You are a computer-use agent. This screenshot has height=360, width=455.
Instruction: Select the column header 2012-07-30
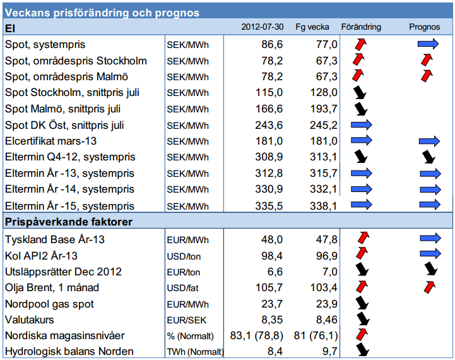point(262,27)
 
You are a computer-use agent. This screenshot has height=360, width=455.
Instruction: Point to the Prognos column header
point(424,27)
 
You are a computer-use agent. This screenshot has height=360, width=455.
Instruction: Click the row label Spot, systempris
point(45,45)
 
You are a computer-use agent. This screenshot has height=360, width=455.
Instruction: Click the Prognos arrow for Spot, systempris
point(428,44)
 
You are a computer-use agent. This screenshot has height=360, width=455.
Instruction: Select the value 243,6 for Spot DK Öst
point(269,124)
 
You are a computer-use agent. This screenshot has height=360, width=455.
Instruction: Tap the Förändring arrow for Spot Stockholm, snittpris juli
point(360,92)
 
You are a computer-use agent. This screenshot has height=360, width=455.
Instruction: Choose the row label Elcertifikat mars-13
point(51,140)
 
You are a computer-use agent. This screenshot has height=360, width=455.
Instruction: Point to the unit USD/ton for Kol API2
point(184,256)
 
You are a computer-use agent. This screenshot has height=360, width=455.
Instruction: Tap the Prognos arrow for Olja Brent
point(428,287)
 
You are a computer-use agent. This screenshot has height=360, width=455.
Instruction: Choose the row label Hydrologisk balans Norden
point(68,351)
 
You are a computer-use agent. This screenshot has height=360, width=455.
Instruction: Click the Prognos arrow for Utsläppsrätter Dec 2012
point(430,270)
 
